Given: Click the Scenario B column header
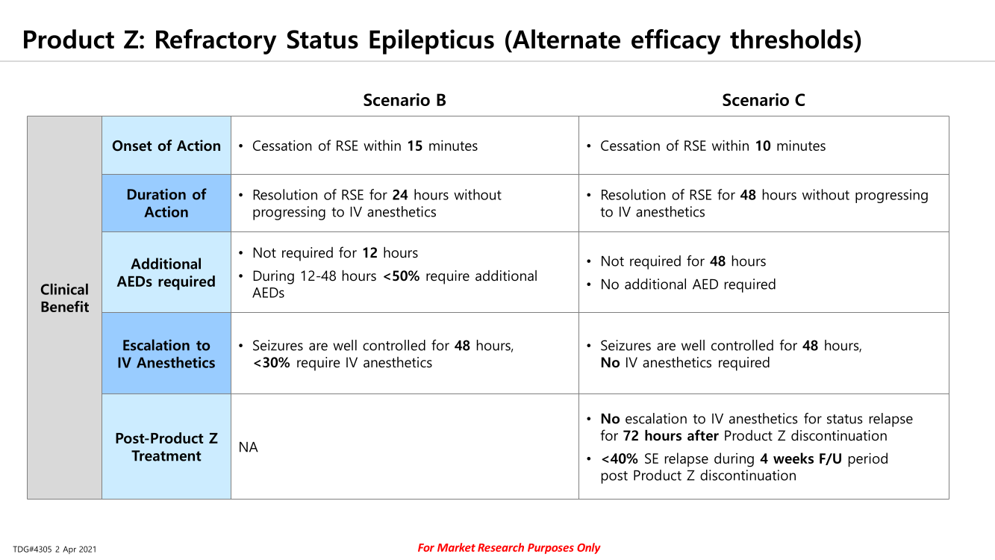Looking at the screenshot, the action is [x=405, y=100].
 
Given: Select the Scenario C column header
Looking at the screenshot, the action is [x=763, y=100].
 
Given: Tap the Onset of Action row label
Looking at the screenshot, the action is [x=166, y=146].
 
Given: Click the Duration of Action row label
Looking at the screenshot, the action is [x=166, y=203].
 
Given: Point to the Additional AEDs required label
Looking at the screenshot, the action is [x=166, y=273].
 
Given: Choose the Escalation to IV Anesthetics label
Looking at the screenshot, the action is [x=166, y=354].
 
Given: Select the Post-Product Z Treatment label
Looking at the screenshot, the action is [x=166, y=447].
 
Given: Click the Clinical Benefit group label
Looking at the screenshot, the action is [x=64, y=298].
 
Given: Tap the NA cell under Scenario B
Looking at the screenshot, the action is [x=248, y=447].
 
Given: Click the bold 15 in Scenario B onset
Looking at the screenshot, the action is [x=415, y=146].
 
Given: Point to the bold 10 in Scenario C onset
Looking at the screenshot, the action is [x=763, y=146].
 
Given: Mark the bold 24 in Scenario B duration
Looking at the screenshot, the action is [x=400, y=195].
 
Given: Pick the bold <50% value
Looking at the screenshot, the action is [x=401, y=276].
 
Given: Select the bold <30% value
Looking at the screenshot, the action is [x=271, y=363].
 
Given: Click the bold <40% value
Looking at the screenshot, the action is [x=620, y=458].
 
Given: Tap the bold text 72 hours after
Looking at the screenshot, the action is [x=671, y=435].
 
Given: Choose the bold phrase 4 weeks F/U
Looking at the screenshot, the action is [x=801, y=458].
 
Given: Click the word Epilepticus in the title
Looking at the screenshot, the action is [x=431, y=40].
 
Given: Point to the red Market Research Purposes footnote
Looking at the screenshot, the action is [x=508, y=547].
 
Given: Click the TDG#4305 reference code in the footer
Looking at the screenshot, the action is [x=32, y=550].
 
